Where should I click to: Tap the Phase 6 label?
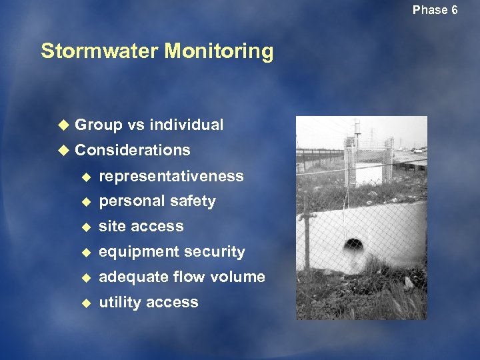pos(435,10)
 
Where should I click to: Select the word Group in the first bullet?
pos(99,125)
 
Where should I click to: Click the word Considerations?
pos(133,150)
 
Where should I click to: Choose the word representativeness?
pos(171,176)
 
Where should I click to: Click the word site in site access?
pos(111,227)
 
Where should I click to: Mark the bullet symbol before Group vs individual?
pos(63,125)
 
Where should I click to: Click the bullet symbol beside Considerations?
pos(63,150)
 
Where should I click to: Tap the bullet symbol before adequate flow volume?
pos(85,277)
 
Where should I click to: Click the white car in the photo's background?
pos(418,151)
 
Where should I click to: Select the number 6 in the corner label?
pos(454,10)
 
